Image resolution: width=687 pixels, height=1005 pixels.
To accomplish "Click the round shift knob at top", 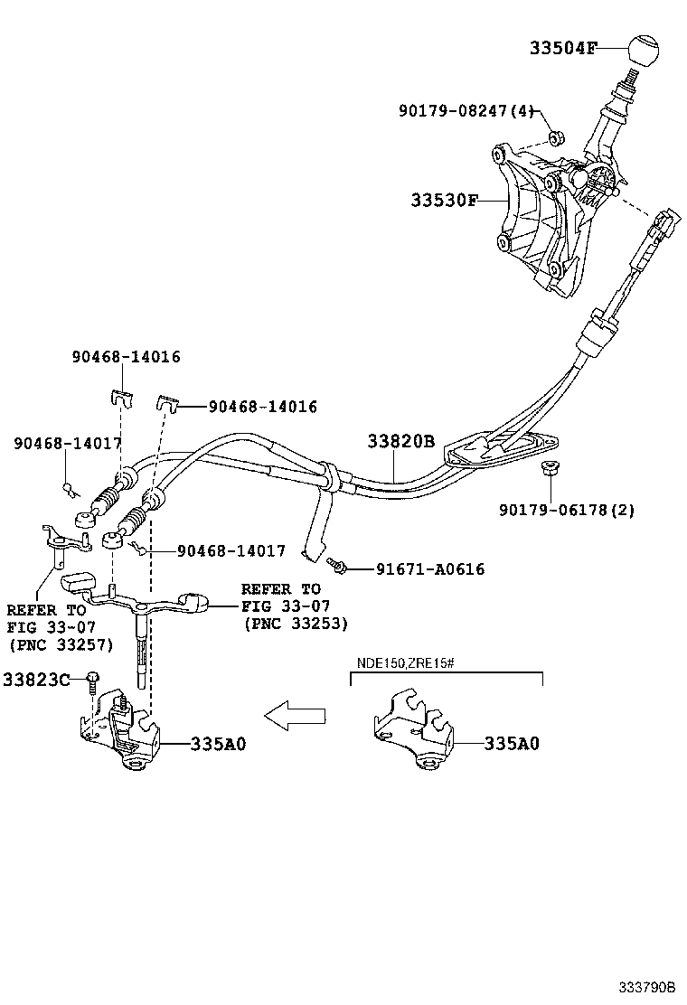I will [x=637, y=50].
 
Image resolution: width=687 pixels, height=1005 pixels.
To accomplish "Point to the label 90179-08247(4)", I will [x=467, y=110].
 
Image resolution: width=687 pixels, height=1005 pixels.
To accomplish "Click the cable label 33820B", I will [x=401, y=441].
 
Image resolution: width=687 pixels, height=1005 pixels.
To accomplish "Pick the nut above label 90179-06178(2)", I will [x=547, y=469].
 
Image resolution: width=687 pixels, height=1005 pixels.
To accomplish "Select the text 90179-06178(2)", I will [x=567, y=511].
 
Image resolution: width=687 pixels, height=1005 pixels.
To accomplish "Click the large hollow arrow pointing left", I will [x=295, y=716].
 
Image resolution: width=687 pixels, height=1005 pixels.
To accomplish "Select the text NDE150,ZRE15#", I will [x=404, y=662].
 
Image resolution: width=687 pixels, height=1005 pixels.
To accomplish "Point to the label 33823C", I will [x=36, y=679].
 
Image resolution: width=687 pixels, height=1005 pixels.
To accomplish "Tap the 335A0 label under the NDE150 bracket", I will [x=511, y=744].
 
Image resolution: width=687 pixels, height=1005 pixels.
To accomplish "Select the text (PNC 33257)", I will [x=61, y=644].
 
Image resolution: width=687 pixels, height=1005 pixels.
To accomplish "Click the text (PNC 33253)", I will [x=295, y=624].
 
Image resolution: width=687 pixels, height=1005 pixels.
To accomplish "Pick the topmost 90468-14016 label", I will [x=126, y=357].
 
